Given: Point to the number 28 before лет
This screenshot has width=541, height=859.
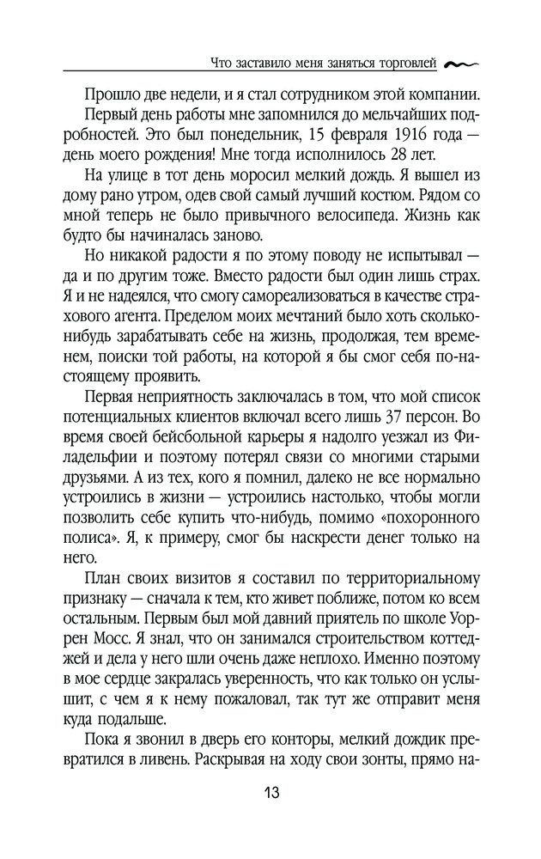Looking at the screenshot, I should click(386, 155).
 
